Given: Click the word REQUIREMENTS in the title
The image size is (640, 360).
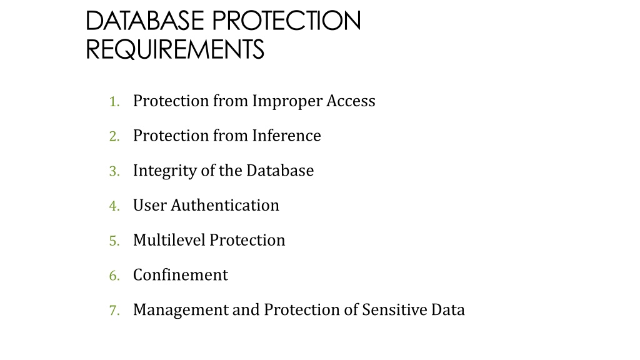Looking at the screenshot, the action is point(175,49).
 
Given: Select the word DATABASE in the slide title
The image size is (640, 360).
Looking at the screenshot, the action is point(145,21).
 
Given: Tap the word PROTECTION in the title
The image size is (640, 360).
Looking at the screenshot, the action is point(286,21).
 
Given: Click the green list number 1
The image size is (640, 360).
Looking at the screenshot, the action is point(114,102).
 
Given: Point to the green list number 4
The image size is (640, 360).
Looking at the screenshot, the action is point(114,206).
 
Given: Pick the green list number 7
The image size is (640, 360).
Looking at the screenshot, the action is point(114,310).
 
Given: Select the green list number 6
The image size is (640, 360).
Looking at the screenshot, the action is point(114,276).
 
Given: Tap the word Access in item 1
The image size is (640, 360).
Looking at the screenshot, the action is point(351,101).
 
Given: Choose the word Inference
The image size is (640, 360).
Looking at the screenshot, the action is point(286,136).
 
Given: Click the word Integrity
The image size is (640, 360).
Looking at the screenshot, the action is point(165,171).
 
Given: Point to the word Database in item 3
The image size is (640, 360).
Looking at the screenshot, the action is point(280,170).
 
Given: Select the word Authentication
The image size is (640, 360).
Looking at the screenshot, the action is point(225,205).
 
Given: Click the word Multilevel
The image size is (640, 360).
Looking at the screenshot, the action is point(169,240).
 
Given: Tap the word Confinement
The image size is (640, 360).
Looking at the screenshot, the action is point(181,275).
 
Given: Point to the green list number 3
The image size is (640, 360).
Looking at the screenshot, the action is point(114,171).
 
